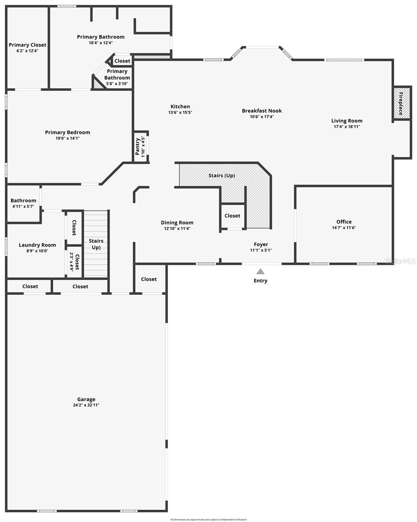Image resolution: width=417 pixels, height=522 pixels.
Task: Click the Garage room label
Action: [86, 399]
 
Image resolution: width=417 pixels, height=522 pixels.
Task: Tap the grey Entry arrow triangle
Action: [260, 271]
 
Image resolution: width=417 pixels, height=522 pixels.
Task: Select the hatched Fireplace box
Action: [402, 103]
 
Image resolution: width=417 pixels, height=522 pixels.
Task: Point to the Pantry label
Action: [138, 146]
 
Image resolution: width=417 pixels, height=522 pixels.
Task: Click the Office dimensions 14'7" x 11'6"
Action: [344, 228]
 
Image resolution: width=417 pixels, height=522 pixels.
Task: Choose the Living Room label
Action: [346, 121]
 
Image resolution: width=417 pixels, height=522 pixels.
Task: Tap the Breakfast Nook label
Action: [262, 111]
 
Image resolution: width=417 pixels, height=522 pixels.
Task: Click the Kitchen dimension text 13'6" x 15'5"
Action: [180, 112]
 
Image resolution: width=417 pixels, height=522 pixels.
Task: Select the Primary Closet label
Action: [27, 45]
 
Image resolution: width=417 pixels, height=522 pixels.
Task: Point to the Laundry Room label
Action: [37, 245]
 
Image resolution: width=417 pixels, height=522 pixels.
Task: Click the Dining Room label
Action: [177, 223]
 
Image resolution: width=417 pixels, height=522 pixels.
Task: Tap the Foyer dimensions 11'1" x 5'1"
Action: [261, 250]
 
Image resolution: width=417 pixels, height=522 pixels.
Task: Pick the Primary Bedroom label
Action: [67, 132]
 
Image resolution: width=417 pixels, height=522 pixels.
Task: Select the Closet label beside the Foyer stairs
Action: [232, 216]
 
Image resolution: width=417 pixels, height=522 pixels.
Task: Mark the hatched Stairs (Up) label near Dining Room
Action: [222, 175]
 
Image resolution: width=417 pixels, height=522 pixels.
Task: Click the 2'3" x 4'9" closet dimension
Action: [71, 262]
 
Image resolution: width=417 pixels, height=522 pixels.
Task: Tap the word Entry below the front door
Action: [260, 281]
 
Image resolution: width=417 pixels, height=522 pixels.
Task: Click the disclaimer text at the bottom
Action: [208, 519]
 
